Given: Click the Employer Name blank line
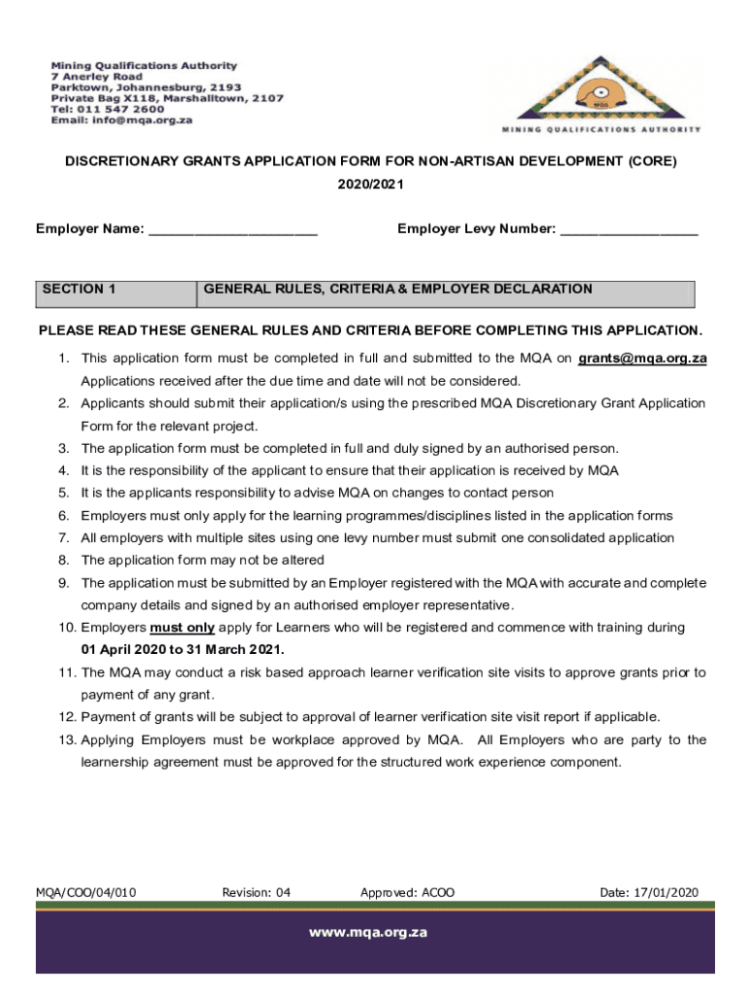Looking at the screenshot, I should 232,231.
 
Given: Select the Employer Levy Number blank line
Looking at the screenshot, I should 629,231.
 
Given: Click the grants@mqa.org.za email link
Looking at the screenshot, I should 642,359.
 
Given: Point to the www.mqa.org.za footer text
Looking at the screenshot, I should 368,932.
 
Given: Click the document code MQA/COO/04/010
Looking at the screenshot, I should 86,892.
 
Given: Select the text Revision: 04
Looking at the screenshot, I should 256,892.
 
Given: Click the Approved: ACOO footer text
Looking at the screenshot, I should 407,892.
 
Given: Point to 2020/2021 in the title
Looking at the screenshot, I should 370,185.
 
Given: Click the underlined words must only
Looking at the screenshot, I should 183,628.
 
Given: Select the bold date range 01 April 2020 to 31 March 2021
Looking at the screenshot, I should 183,650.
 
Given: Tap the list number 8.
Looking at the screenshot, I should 63,561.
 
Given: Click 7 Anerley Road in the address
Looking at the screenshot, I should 96,77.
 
